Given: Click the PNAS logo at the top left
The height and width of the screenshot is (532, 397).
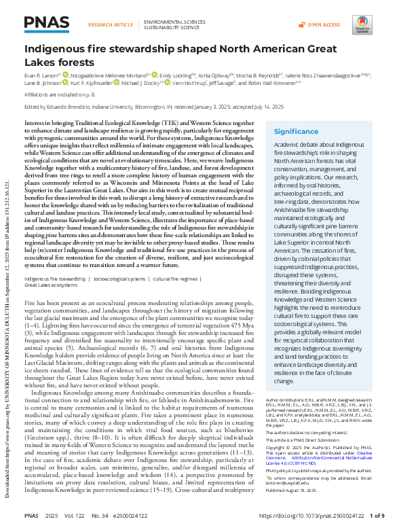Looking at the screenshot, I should (x=45, y=25).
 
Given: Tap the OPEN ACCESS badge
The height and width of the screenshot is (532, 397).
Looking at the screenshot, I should (x=323, y=24).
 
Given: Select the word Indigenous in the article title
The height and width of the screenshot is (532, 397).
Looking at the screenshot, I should (x=54, y=49).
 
